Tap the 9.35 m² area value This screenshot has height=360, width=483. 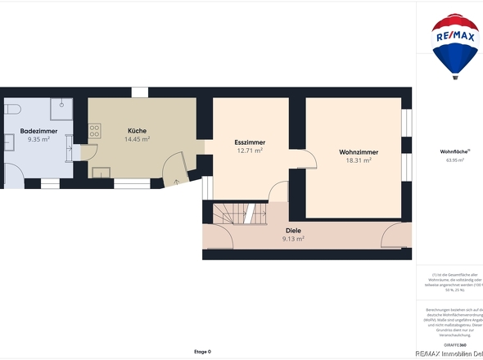pos(38,139)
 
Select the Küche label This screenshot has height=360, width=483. pos(137,131)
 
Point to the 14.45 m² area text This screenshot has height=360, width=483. pos(137,139)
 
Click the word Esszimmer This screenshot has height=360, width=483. pos(250,142)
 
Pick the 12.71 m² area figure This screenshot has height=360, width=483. pos(250,151)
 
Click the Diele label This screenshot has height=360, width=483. pos(293,231)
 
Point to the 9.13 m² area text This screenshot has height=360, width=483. pos(293,239)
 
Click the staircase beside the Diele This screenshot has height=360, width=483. pos(237,214)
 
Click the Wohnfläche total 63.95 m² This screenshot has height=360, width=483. pos(452,160)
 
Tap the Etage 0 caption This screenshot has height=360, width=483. pos(202,352)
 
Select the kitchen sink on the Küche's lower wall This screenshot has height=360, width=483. pos(102,172)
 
